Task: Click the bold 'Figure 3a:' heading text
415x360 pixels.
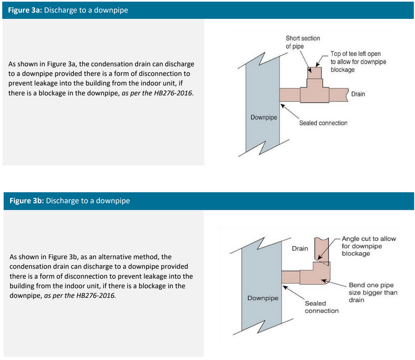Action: point(25,10)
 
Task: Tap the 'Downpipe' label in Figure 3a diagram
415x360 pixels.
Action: point(264,117)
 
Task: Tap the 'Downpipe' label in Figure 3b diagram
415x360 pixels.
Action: point(263,298)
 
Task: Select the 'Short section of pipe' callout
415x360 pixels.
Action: point(302,42)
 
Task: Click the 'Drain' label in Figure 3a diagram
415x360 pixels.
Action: point(358,94)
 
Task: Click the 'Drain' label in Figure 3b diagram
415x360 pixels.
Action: point(300,248)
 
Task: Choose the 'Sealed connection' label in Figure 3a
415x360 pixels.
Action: point(323,123)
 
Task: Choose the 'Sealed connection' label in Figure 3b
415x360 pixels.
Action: point(322,307)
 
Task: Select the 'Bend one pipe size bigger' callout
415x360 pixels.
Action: point(373,292)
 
